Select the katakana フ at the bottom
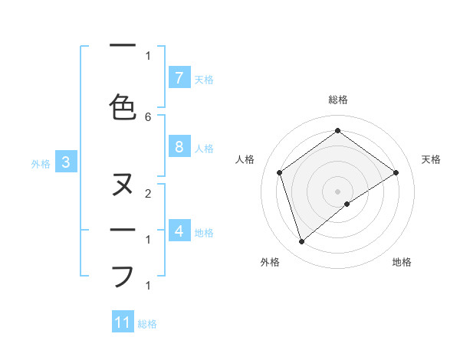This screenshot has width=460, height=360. (123, 275)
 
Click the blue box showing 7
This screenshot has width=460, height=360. (179, 78)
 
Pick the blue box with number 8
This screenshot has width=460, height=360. (179, 147)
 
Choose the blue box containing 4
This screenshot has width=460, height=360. (179, 231)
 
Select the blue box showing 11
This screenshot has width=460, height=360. (123, 322)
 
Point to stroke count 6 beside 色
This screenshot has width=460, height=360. (148, 116)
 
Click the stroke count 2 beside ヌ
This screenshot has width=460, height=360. (148, 195)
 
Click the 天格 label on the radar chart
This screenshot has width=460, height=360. (431, 159)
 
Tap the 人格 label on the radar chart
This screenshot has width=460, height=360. (245, 159)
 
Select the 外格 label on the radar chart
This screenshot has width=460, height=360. (270, 263)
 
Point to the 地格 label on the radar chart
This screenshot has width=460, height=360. (402, 263)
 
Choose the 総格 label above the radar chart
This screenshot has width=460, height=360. (338, 100)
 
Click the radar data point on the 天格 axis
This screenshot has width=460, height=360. (396, 172)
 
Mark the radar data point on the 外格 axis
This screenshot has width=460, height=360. (302, 242)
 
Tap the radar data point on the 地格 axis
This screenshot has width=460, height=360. (347, 204)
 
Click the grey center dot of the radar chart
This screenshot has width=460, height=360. (337, 191)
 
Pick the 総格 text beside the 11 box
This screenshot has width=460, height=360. (147, 324)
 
